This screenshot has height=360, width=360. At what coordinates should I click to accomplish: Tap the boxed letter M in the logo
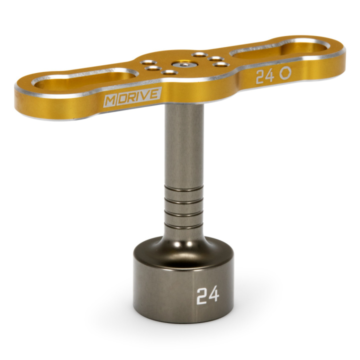pyautogui.click(x=109, y=99)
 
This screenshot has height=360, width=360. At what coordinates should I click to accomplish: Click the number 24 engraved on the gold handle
pyautogui.click(x=265, y=76)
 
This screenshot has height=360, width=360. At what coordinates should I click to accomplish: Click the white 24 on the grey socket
pyautogui.click(x=207, y=295)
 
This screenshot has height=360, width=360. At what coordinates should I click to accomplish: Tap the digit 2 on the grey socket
pyautogui.click(x=201, y=296)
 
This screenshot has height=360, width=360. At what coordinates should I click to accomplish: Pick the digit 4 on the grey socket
pyautogui.click(x=213, y=295)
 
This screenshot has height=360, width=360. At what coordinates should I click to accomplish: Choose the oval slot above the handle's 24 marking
pyautogui.click(x=277, y=48)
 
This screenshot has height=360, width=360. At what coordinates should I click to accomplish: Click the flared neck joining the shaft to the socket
pyautogui.click(x=184, y=242)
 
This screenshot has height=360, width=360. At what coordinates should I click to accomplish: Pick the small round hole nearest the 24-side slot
pyautogui.click(x=217, y=59)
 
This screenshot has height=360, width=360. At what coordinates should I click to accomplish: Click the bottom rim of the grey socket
pyautogui.click(x=184, y=320)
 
